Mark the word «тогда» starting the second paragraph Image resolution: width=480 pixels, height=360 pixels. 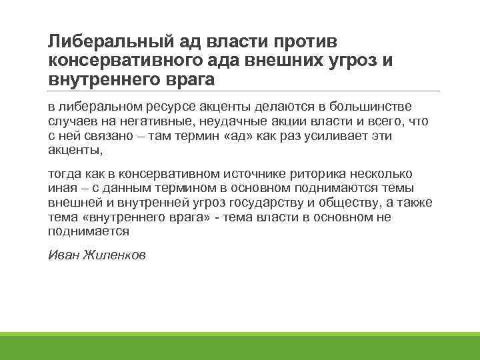pyautogui.click(x=65, y=174)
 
